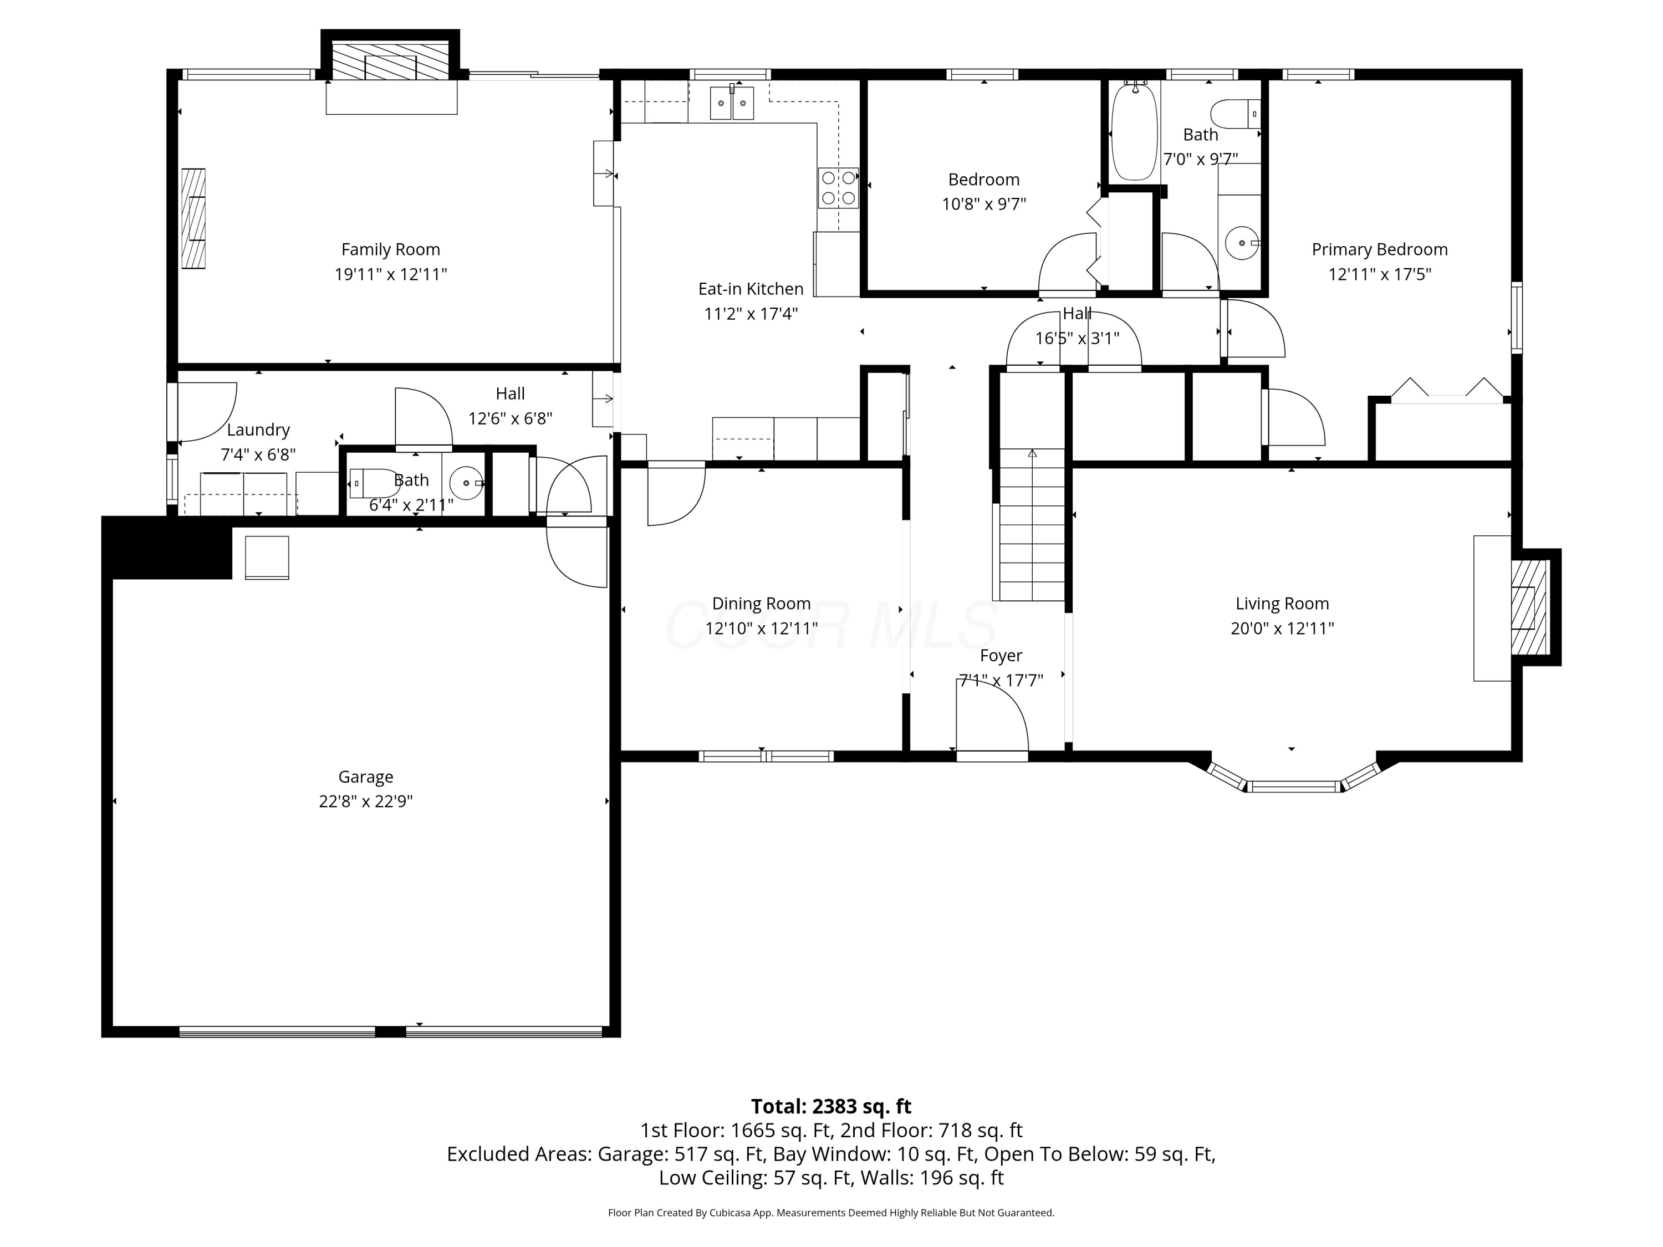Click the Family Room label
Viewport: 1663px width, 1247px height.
click(x=390, y=249)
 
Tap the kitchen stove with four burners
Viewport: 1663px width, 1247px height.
click(x=838, y=187)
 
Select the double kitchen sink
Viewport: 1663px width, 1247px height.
click(x=732, y=103)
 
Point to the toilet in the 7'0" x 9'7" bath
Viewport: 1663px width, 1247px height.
click(x=1235, y=114)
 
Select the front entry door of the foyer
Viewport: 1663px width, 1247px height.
click(x=992, y=755)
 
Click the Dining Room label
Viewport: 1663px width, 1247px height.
click(x=761, y=603)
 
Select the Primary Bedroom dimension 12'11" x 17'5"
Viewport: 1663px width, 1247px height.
click(x=1380, y=274)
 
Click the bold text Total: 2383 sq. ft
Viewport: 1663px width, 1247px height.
click(x=831, y=1106)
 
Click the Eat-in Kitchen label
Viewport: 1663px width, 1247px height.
click(x=751, y=289)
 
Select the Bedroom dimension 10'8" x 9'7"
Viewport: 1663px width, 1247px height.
click(x=983, y=204)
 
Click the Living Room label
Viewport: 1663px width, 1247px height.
click(x=1282, y=603)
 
